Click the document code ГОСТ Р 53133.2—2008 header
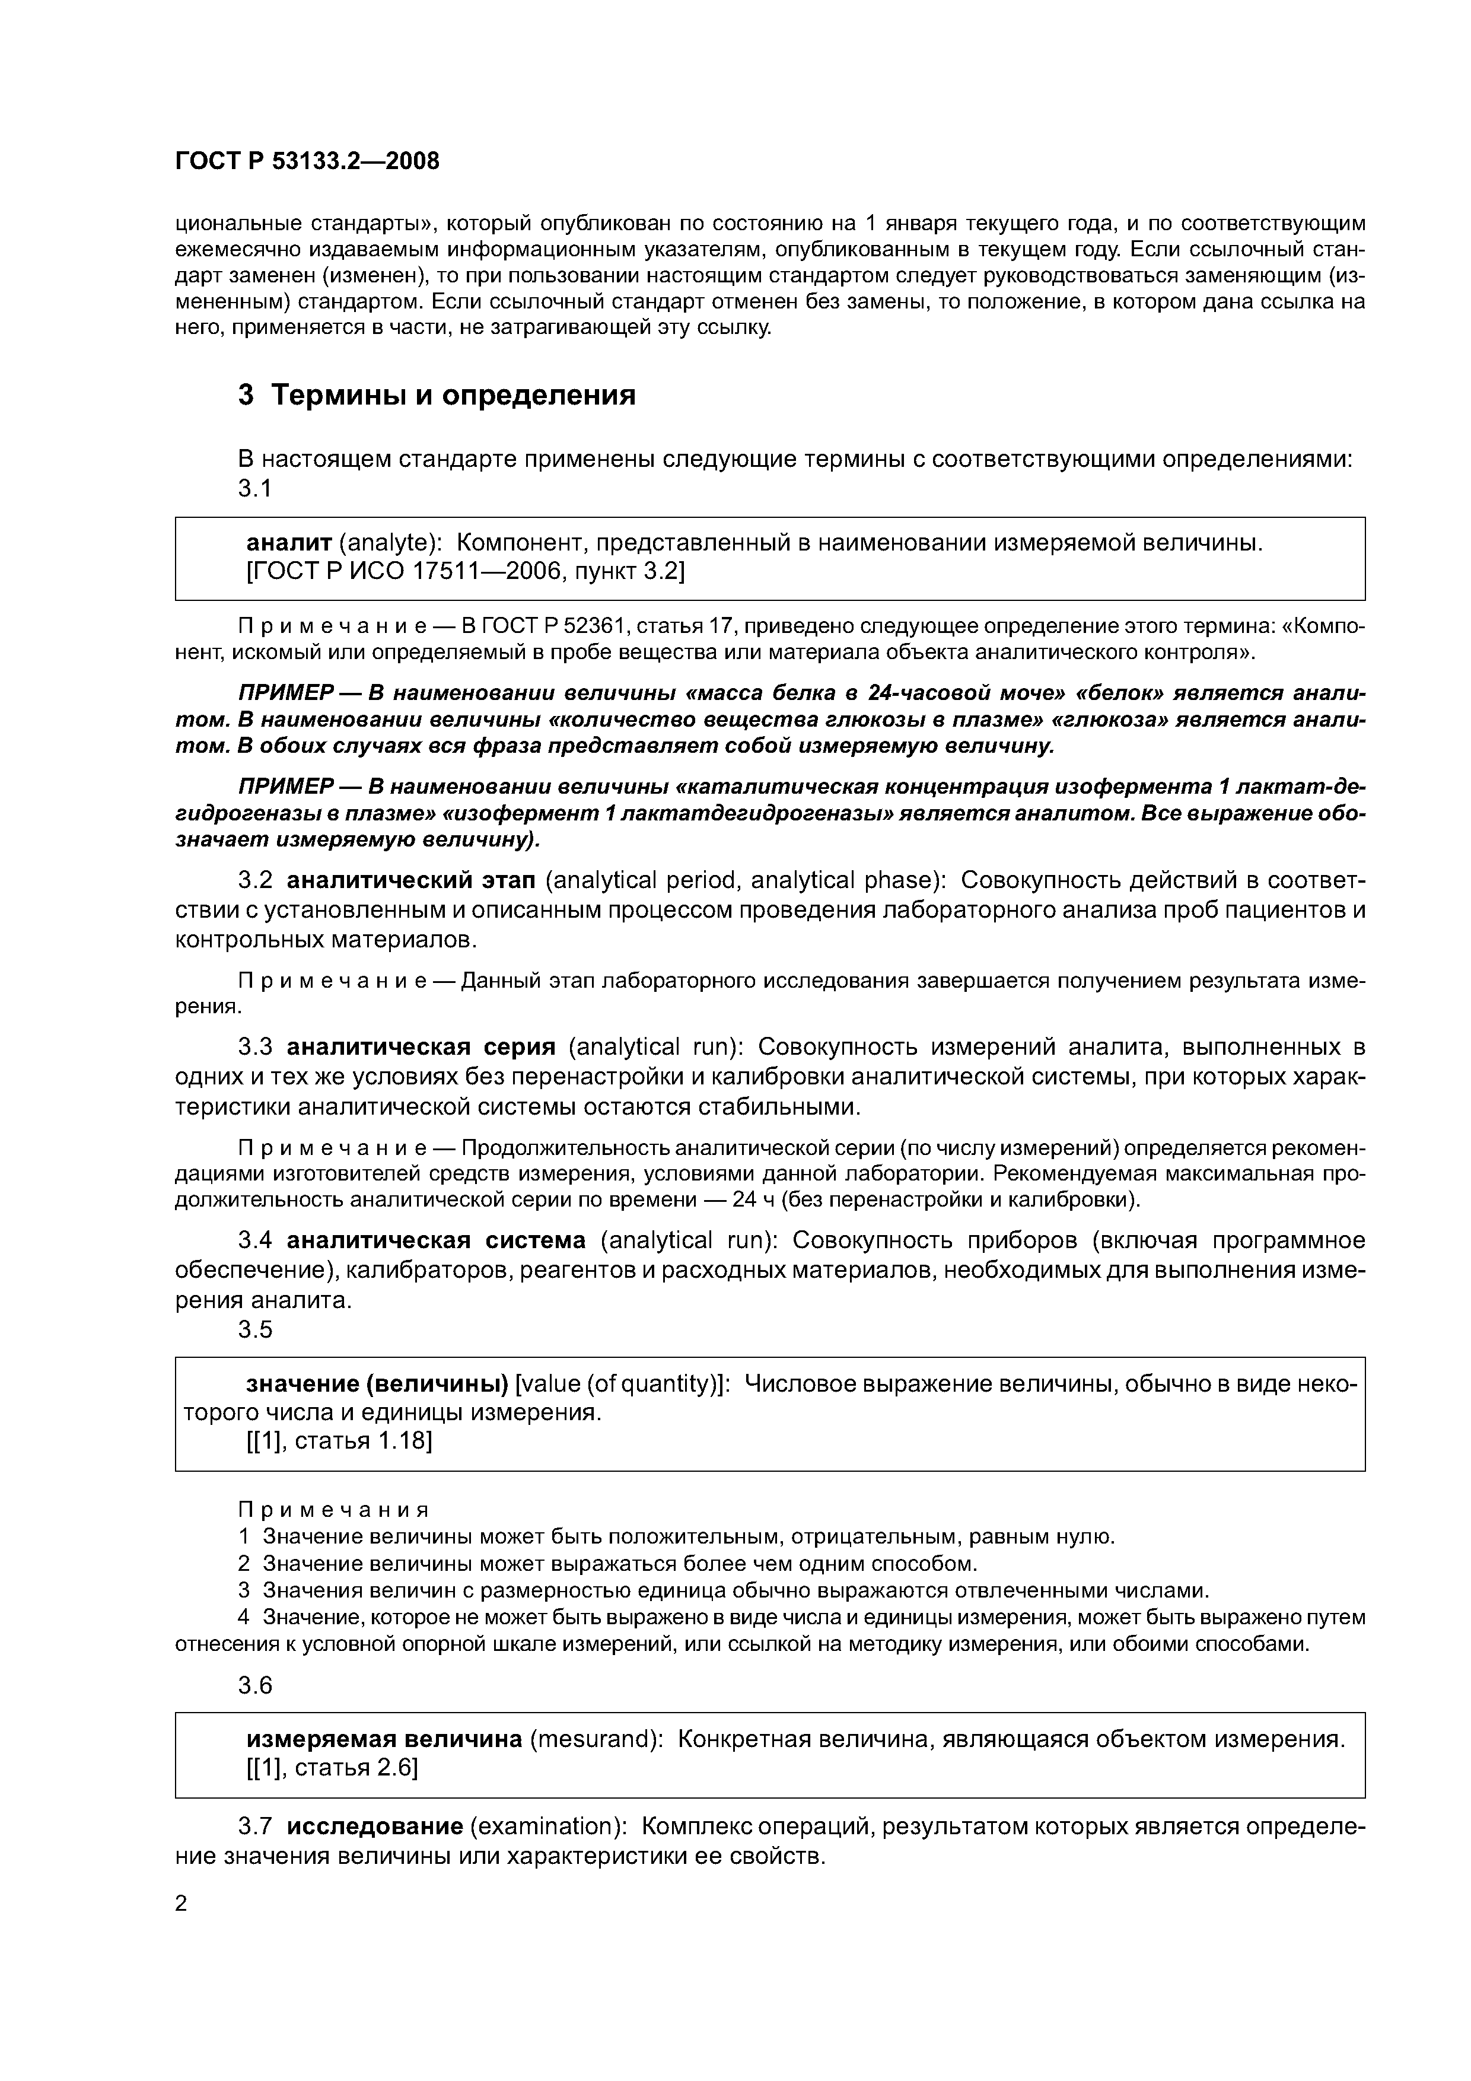point(306,161)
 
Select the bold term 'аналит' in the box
point(289,543)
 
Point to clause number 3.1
point(254,489)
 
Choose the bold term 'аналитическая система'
point(436,1240)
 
